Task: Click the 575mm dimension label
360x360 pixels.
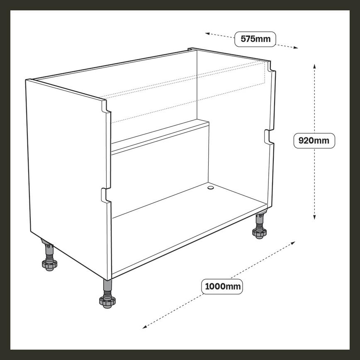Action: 255,39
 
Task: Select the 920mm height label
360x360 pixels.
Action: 314,141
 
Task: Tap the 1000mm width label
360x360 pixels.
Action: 222,287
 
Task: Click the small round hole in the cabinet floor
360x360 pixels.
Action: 210,188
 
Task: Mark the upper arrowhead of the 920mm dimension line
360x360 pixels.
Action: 314,66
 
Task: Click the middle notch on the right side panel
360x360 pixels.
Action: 269,137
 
